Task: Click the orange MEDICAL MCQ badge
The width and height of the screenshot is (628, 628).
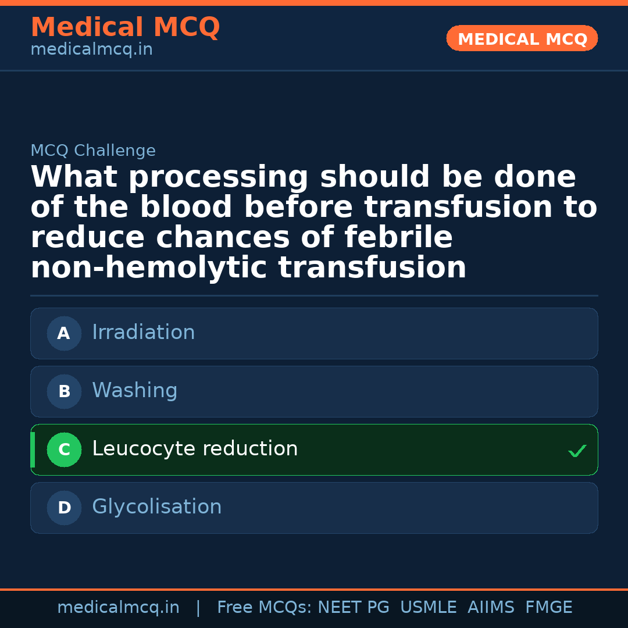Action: point(522,38)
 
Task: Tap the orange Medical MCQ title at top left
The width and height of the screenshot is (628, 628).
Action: point(126,27)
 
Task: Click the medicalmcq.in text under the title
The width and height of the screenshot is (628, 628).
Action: point(92,49)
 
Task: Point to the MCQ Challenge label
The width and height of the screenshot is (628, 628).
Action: point(93,150)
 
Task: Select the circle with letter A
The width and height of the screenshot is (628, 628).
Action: point(64,333)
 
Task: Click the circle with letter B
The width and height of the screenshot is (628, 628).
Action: point(64,391)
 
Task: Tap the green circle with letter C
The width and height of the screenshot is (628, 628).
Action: point(64,449)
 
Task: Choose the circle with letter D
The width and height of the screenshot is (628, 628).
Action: point(64,508)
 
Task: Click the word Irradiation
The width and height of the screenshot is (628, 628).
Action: point(144,332)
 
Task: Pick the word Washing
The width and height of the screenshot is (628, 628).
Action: point(135,390)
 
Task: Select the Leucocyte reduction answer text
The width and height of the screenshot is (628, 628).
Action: point(195,448)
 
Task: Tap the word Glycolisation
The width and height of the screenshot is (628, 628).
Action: point(156,506)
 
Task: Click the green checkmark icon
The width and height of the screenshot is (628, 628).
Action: point(577,451)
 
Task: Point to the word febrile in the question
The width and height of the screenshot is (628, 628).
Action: point(398,237)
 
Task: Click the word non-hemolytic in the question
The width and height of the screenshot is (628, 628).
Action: point(149,267)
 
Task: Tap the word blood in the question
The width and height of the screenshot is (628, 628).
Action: point(186,206)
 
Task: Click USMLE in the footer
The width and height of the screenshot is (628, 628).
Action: point(428,607)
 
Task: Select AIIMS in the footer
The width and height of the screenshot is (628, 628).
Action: point(491,607)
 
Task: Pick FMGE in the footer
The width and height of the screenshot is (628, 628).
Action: point(549,607)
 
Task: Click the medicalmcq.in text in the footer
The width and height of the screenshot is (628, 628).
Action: point(119,608)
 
